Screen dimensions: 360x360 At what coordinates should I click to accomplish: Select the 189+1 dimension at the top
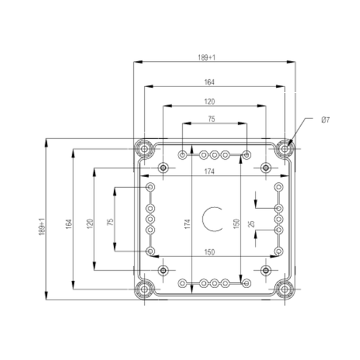tap(215, 58)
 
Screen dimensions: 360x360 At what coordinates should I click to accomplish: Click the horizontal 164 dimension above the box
tap(215, 81)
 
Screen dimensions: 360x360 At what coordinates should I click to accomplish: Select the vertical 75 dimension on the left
tap(109, 223)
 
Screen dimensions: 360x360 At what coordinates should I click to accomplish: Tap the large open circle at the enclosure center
tap(214, 218)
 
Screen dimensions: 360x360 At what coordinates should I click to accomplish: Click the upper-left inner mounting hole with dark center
tap(164, 168)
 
